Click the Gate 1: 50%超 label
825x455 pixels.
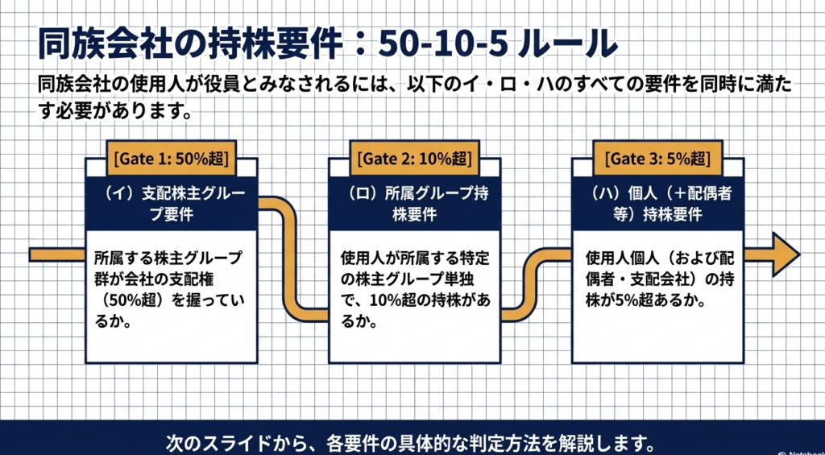[x=172, y=158]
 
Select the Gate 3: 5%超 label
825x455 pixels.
[x=657, y=158]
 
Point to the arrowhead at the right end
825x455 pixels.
[x=785, y=254]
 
